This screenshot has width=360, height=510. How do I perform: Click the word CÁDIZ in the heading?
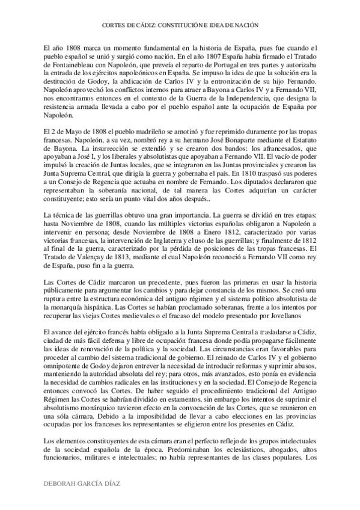pos(142,26)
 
